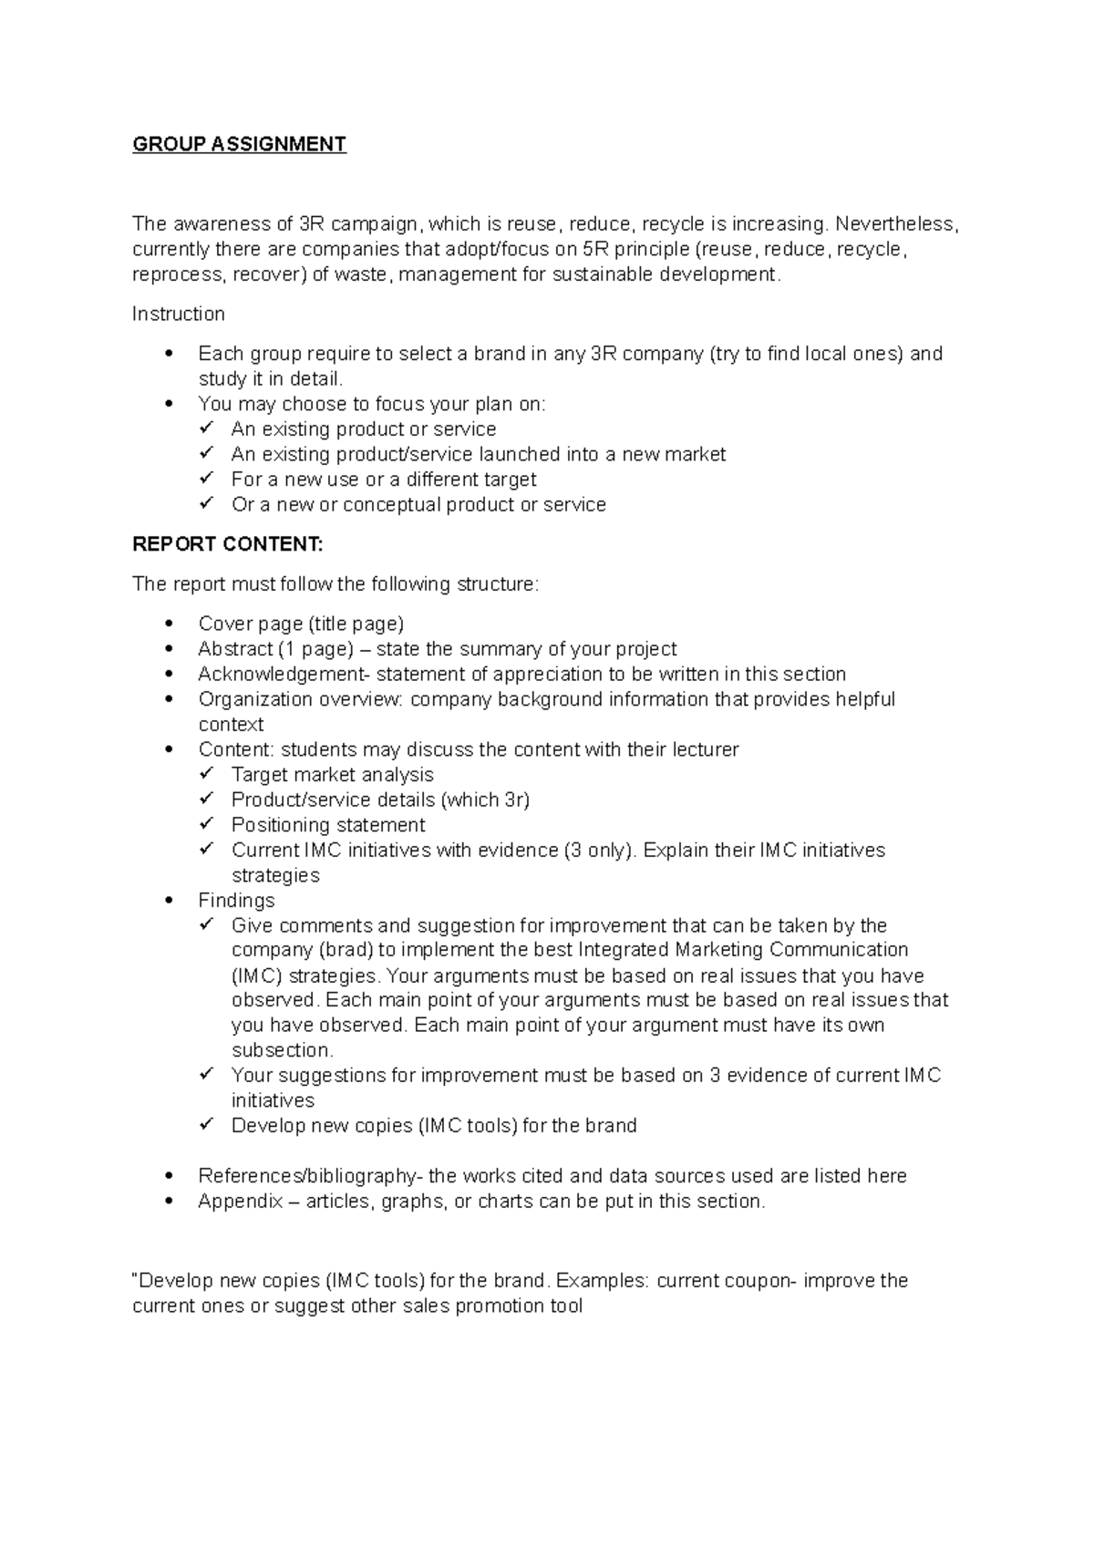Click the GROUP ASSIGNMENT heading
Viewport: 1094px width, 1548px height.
[239, 144]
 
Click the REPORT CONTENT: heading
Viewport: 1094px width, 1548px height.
[227, 544]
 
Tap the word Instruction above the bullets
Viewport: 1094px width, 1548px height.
[178, 315]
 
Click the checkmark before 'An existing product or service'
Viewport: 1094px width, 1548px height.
[207, 428]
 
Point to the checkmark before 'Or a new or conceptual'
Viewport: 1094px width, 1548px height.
[207, 503]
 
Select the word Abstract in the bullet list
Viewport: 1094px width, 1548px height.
[235, 649]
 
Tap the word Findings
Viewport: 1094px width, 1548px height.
[236, 901]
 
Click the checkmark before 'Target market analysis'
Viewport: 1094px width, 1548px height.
[207, 773]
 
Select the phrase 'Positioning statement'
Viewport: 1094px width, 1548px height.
[328, 825]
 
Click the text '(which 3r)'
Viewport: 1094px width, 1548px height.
[485, 800]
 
